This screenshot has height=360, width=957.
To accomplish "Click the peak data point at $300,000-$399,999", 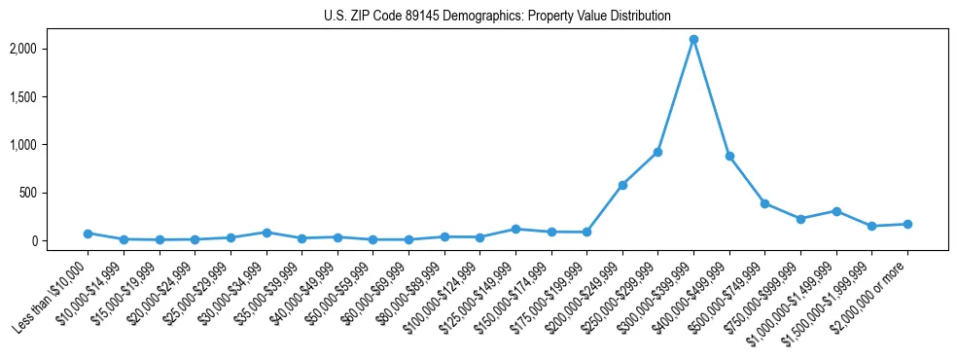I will tap(693, 40).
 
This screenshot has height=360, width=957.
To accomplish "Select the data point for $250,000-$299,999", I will tap(658, 152).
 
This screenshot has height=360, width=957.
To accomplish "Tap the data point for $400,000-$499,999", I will tap(729, 156).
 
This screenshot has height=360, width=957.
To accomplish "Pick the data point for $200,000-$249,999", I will tap(622, 185).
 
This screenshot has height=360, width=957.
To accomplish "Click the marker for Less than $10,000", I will tap(88, 234).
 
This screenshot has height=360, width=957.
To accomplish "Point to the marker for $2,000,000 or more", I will tap(907, 224).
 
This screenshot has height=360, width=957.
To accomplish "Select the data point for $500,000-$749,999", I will tap(765, 203).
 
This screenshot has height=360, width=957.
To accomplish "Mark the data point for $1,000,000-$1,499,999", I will tap(836, 211).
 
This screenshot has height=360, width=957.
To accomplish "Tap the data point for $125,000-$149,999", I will tap(515, 229).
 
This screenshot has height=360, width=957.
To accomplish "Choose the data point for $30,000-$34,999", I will tap(266, 233).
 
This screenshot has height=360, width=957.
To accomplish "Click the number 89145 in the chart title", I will tap(419, 17).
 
